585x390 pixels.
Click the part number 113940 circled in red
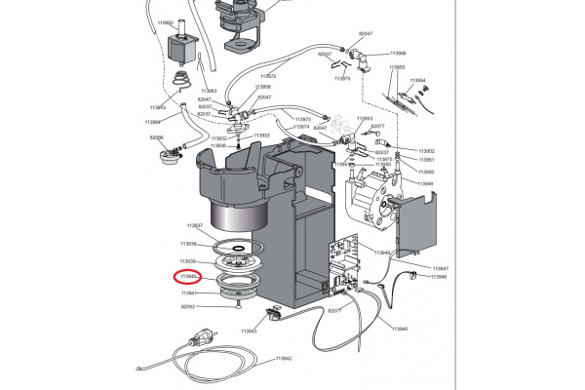tap(188, 277)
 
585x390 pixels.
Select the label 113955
tap(397, 68)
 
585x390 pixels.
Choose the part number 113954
tap(418, 82)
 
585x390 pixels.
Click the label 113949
tap(426, 183)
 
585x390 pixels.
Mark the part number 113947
tap(440, 267)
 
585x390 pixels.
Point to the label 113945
tap(400, 329)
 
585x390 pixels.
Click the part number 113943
tap(250, 331)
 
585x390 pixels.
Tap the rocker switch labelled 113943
tap(274, 314)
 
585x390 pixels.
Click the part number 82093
tap(188, 306)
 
